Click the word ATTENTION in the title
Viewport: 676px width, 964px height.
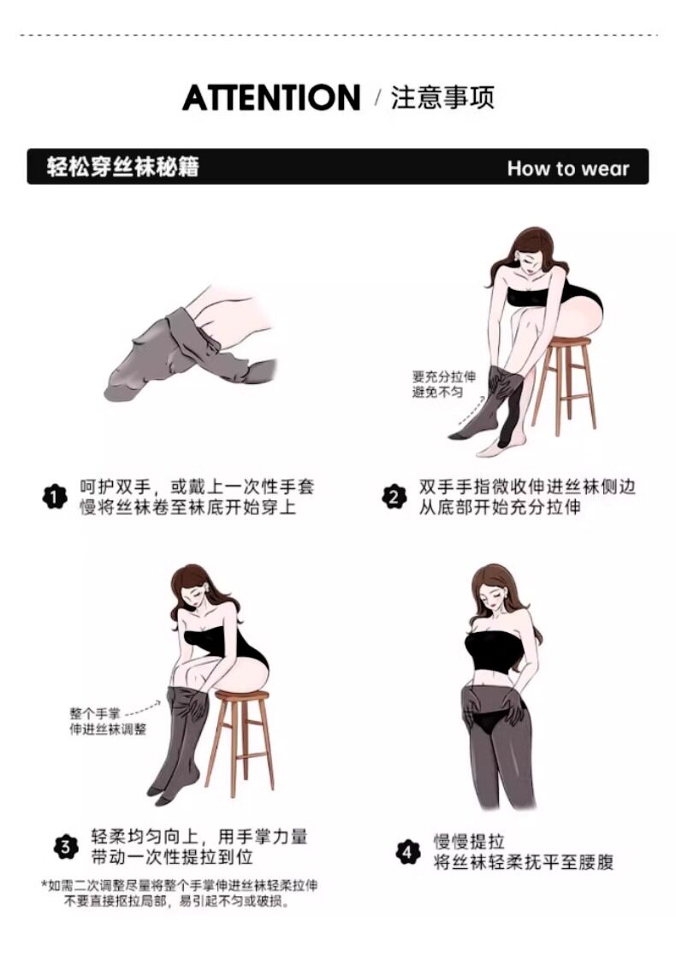point(271,98)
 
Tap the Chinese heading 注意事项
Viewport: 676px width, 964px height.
point(442,98)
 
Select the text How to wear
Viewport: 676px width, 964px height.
point(568,168)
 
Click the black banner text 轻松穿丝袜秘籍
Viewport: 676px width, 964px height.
point(123,167)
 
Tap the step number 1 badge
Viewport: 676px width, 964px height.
point(55,497)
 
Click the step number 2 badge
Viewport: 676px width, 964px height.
point(394,496)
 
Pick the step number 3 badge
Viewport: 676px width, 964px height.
point(66,847)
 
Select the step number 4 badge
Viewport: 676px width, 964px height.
point(407,852)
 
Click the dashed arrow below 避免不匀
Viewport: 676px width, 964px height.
point(471,410)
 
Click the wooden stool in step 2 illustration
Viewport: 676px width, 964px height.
point(563,384)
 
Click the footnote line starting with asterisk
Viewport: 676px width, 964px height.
point(180,885)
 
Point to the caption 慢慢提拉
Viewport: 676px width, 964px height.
point(469,841)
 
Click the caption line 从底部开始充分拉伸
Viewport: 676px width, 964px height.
point(500,507)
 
